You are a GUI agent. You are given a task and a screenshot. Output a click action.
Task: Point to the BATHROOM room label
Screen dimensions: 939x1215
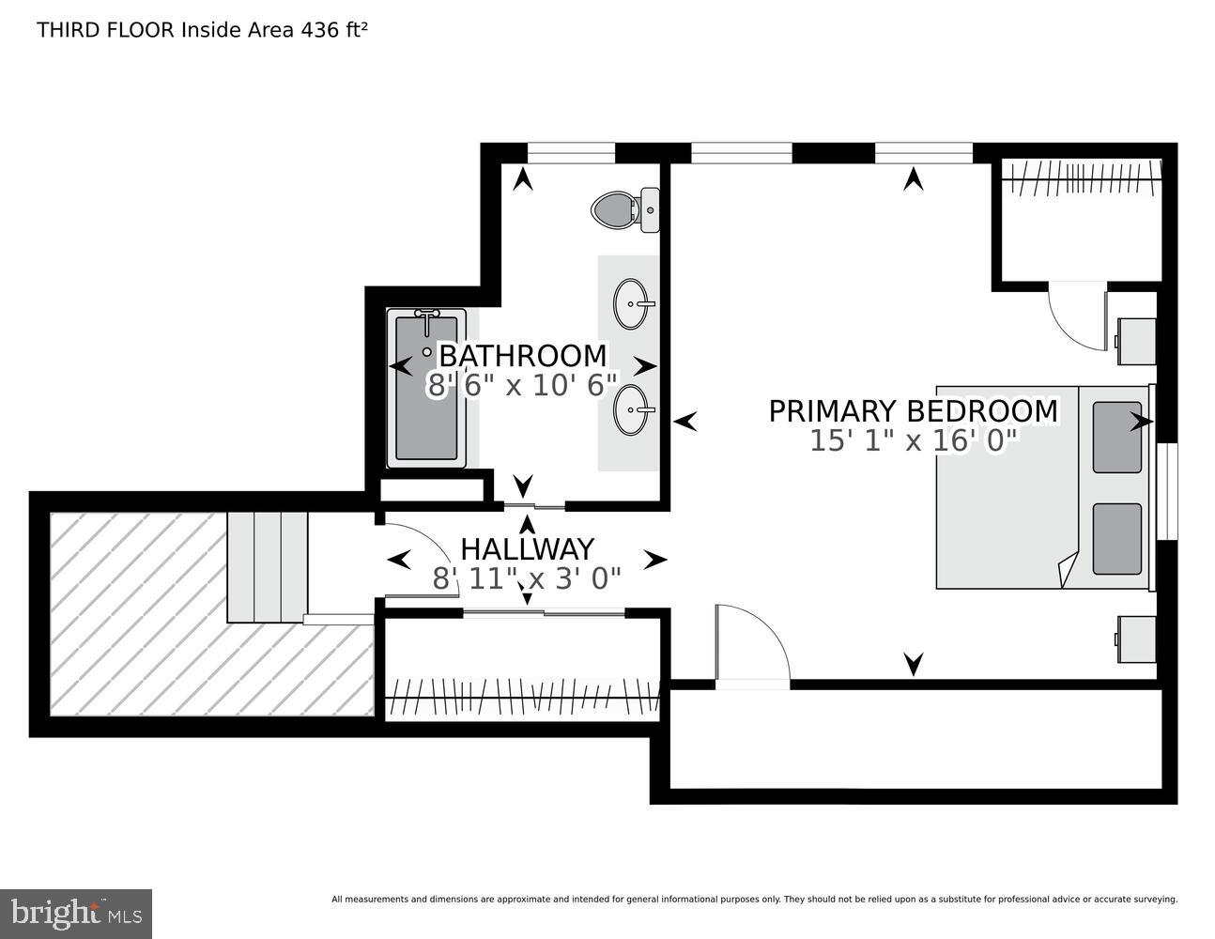pyautogui.click(x=522, y=356)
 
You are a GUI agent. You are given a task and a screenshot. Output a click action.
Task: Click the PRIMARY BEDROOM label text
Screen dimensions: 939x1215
pyautogui.click(x=913, y=411)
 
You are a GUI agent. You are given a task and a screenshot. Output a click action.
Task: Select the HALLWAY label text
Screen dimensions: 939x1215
pyautogui.click(x=527, y=548)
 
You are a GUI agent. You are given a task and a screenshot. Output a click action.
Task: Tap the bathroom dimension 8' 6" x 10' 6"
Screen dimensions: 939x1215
pyautogui.click(x=522, y=386)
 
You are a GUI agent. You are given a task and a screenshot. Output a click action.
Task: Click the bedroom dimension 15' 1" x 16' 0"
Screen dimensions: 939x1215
pyautogui.click(x=913, y=441)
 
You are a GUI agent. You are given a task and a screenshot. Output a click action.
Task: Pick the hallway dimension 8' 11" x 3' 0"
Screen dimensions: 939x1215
pyautogui.click(x=527, y=578)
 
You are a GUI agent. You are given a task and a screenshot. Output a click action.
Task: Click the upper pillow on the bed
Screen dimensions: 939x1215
pyautogui.click(x=1116, y=437)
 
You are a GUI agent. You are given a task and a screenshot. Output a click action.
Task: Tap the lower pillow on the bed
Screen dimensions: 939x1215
pyautogui.click(x=1116, y=538)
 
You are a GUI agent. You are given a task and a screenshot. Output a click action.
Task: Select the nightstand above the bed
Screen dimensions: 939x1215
pyautogui.click(x=1136, y=341)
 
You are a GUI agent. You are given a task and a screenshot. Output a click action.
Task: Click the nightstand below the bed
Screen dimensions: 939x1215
pyautogui.click(x=1136, y=639)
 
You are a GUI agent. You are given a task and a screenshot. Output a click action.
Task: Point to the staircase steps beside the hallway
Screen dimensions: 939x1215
pyautogui.click(x=268, y=566)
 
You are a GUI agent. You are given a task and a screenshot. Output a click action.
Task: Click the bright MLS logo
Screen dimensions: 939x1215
pyautogui.click(x=76, y=913)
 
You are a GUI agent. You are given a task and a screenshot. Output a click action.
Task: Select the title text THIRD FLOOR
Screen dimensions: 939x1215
pyautogui.click(x=105, y=30)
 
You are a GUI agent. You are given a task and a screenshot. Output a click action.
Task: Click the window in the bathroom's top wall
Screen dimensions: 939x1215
pyautogui.click(x=571, y=153)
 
